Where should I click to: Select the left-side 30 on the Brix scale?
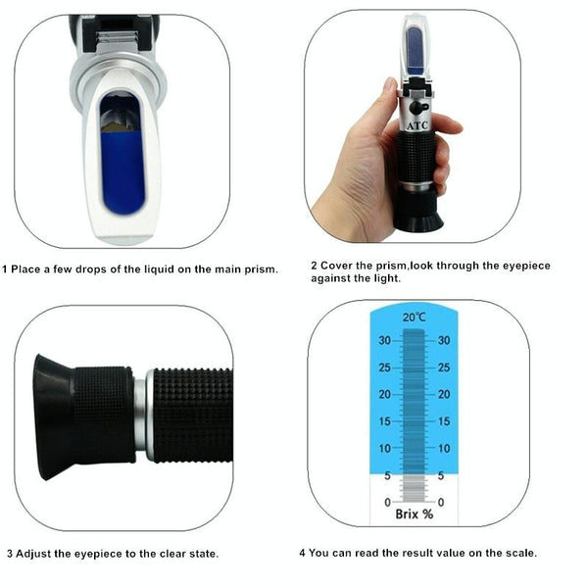pos(384,340)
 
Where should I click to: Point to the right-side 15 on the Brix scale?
pos(445,421)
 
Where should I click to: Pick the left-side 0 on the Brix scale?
pos(388,502)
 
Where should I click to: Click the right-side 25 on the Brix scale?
pos(445,367)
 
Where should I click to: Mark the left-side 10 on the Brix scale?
pos(384,448)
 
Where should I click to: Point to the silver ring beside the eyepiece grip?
pos(141,413)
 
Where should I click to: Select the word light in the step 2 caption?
pos(384,278)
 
